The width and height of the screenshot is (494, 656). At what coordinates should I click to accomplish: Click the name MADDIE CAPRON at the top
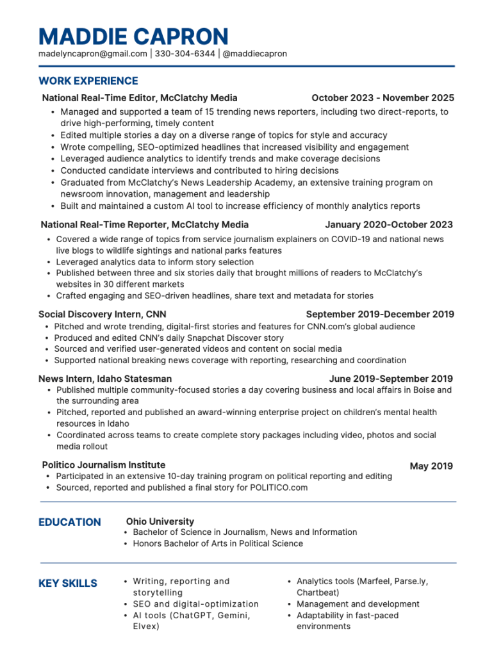133,36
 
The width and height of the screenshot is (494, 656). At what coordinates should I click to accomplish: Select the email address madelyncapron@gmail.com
92,54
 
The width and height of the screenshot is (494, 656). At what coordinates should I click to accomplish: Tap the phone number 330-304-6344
185,54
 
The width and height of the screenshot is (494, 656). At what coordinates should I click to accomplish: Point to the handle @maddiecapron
254,54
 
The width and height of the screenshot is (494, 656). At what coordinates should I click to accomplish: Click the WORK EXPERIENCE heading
88,81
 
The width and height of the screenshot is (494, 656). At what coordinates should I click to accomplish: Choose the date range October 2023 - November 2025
383,98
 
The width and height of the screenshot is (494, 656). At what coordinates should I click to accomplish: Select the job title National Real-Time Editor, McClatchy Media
140,98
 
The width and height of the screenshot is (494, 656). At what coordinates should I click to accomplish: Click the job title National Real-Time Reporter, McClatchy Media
145,225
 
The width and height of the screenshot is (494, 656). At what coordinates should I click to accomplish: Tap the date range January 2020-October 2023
389,225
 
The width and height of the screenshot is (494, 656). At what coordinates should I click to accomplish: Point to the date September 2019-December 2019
380,315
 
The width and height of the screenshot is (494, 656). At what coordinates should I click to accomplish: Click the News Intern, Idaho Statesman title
105,379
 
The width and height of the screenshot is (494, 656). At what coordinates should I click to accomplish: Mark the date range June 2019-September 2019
391,379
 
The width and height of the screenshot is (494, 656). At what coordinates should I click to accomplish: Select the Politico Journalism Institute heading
103,465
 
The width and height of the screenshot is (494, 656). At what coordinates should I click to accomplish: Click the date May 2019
431,466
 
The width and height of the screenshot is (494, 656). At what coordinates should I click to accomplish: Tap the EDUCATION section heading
70,522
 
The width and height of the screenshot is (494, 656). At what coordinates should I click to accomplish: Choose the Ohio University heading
160,521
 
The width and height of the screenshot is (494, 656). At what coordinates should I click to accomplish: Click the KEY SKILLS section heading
68,584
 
